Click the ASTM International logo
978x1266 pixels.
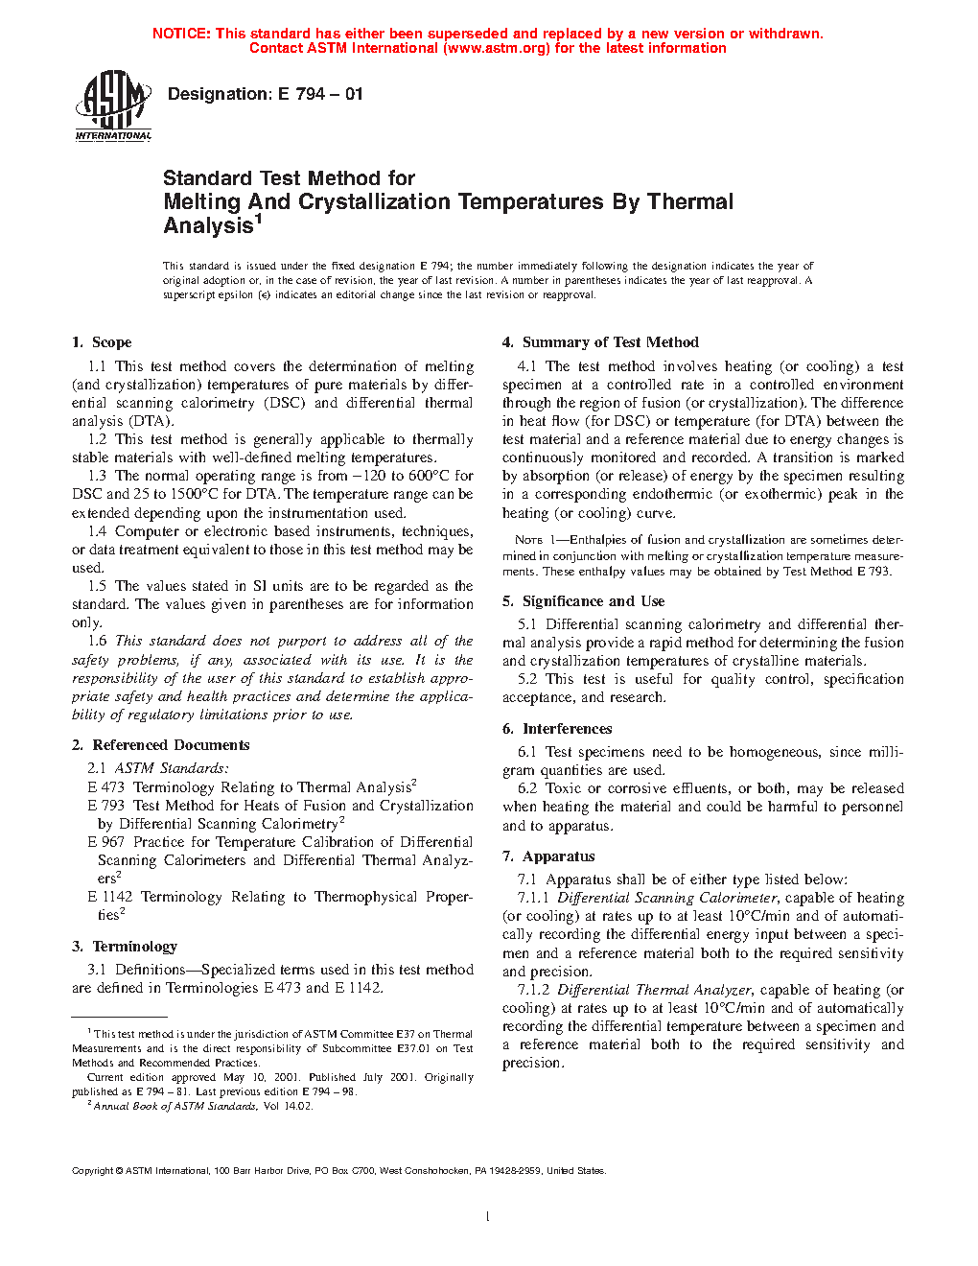pyautogui.click(x=113, y=106)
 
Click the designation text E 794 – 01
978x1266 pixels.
pyautogui.click(x=265, y=94)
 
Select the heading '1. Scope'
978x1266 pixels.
pyautogui.click(x=102, y=342)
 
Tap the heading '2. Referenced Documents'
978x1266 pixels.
pyautogui.click(x=160, y=745)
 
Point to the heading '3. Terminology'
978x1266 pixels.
pyautogui.click(x=125, y=947)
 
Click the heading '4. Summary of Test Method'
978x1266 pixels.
pyautogui.click(x=600, y=342)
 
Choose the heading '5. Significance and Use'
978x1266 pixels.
pyautogui.click(x=583, y=601)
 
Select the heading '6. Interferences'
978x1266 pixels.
pyautogui.click(x=557, y=729)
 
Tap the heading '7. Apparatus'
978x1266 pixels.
pyautogui.click(x=548, y=856)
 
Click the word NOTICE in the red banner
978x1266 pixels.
pyautogui.click(x=181, y=34)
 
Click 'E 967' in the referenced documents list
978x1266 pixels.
pyautogui.click(x=106, y=842)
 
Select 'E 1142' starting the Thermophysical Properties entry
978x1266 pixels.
pyautogui.click(x=110, y=897)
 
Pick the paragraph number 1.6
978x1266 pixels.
pyautogui.click(x=97, y=641)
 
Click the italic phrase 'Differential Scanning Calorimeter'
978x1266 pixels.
pyautogui.click(x=667, y=898)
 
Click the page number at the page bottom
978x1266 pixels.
pyautogui.click(x=488, y=1217)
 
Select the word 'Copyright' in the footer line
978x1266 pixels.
pyautogui.click(x=93, y=1170)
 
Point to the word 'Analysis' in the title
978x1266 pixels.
pyautogui.click(x=208, y=226)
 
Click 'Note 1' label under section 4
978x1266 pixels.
pyautogui.click(x=528, y=540)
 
